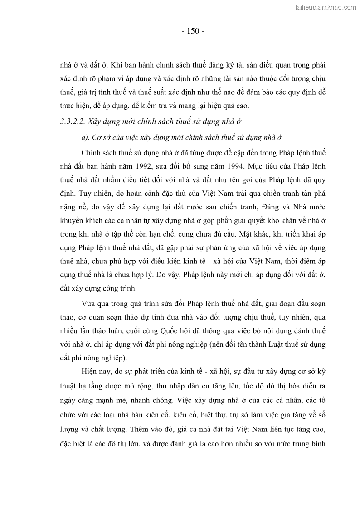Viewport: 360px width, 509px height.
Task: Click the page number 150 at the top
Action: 193,31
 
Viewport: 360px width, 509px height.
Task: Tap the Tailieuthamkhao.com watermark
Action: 325,7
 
